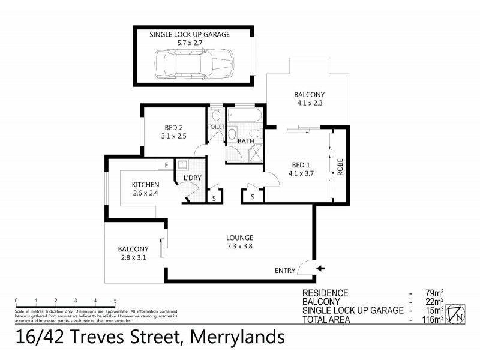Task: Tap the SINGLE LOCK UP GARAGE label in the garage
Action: [x=189, y=35]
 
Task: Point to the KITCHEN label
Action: [x=146, y=184]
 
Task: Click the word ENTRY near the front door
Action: [x=285, y=271]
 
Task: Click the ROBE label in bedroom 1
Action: [x=340, y=167]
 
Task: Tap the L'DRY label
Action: [x=192, y=179]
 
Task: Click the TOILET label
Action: [x=215, y=127]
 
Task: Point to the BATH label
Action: [x=246, y=142]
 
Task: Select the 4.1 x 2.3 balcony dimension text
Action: [x=309, y=103]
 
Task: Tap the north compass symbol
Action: [x=457, y=312]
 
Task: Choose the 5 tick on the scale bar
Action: [x=115, y=301]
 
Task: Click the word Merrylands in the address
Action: [x=237, y=337]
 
